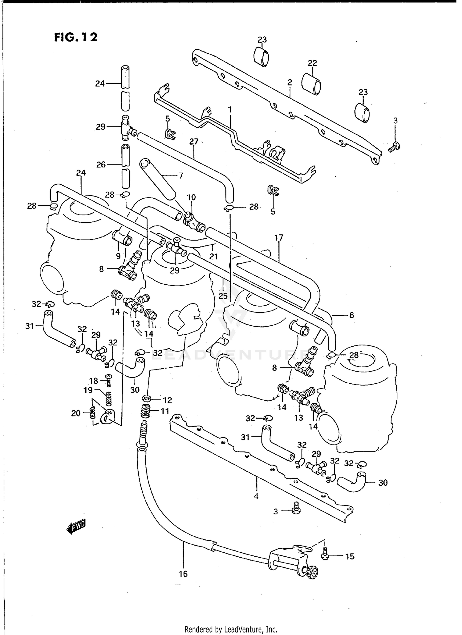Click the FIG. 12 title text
pos(76,37)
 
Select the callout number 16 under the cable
pos(183,574)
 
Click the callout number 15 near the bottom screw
pos(350,556)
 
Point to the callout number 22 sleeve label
pos(312,63)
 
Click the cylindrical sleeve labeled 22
pos(311,84)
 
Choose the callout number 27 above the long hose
pos(194,142)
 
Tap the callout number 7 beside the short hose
pos(181,175)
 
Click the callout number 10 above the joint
pos(191,197)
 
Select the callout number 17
pos(279,237)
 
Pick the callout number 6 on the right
pos(351,315)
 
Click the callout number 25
pos(223,296)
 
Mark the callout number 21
pos(213,256)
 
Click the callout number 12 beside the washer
pos(167,400)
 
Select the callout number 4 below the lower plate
pos(256,496)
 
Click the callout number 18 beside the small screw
pos(94,381)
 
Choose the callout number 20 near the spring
pos(76,413)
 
